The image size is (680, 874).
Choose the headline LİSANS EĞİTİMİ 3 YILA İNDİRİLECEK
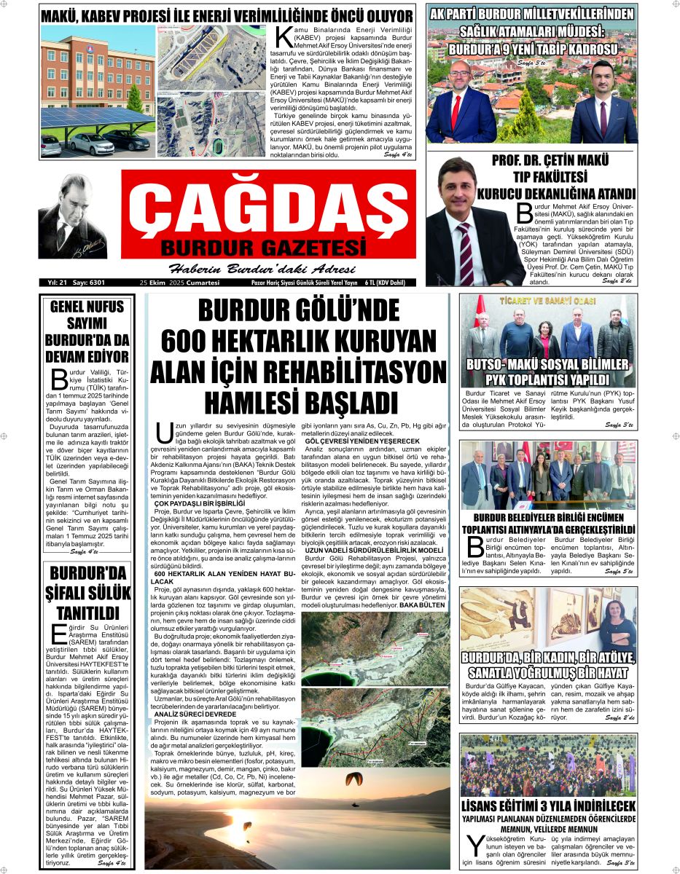[x=548, y=806]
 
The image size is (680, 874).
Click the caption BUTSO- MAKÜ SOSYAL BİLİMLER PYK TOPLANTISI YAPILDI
[x=547, y=371]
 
